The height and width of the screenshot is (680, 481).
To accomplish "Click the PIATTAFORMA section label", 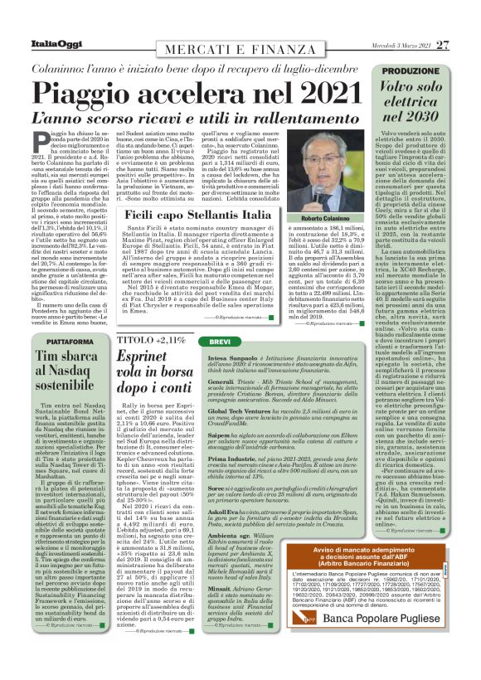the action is point(52,342).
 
